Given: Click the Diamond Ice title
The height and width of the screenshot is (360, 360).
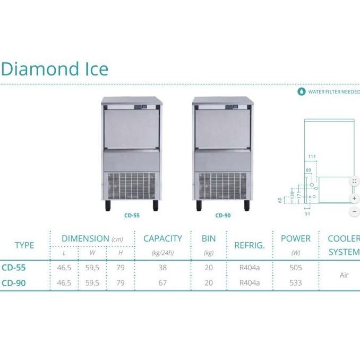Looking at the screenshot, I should click(55, 69).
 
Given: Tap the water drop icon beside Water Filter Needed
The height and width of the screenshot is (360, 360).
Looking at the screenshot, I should click(302, 91).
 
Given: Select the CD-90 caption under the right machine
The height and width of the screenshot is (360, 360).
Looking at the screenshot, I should click(223, 216).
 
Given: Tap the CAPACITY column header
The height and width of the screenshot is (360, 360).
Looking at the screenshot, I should click(162, 239).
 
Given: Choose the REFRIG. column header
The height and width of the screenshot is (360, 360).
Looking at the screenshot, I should click(250, 245).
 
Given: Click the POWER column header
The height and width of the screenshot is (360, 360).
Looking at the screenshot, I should click(296, 239).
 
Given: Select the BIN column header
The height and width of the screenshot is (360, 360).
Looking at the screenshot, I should click(209, 239).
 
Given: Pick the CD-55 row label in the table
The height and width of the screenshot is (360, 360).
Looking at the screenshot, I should click(14, 268).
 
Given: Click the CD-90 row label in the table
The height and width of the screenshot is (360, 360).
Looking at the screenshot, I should click(14, 283).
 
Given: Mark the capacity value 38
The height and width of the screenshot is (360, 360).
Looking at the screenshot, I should click(162, 268).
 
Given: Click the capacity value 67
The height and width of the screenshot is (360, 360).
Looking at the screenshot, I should click(162, 283).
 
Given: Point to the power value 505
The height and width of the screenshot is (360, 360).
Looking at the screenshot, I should click(296, 268).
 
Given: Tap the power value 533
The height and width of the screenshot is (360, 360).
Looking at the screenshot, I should click(296, 283).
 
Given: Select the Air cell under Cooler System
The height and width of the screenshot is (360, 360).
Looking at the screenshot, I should click(344, 276).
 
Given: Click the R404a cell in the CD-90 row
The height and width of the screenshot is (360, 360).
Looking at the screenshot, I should click(250, 283).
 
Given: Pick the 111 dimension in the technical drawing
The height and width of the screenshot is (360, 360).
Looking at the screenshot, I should click(312, 156).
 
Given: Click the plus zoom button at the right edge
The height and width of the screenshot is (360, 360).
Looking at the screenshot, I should click(354, 198).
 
